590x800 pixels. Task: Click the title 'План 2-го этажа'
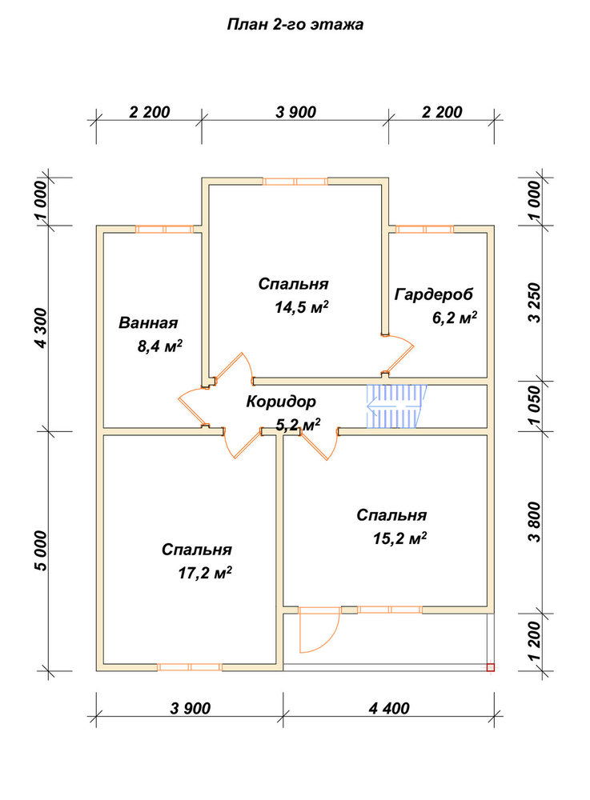(x=295, y=25)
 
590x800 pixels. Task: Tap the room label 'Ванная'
(x=148, y=323)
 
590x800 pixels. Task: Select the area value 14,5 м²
(x=301, y=307)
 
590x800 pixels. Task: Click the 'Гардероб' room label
(x=434, y=294)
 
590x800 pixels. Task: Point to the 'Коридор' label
(x=281, y=402)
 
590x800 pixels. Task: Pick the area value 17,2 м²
(x=205, y=573)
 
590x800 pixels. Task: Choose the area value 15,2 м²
(x=399, y=538)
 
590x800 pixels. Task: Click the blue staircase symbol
(x=396, y=406)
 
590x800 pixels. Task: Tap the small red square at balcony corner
(x=491, y=667)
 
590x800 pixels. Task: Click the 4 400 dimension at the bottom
(x=389, y=708)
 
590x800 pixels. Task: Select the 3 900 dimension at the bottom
(x=191, y=708)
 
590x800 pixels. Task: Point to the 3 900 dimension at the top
(x=296, y=112)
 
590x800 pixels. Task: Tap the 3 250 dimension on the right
(x=534, y=303)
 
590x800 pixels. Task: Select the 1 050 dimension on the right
(x=534, y=406)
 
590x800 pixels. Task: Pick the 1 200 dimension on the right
(x=534, y=641)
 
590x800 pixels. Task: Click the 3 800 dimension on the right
(x=534, y=522)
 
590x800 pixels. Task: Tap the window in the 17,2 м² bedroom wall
(x=190, y=667)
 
